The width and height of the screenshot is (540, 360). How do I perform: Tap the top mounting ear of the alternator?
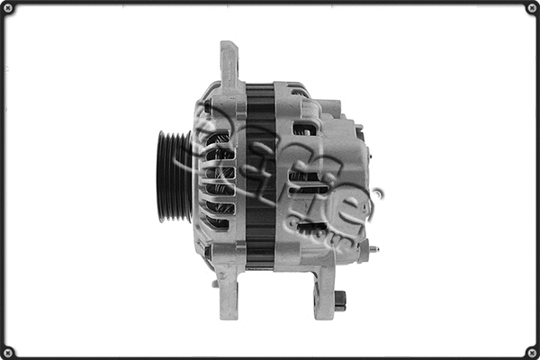[x=229, y=64]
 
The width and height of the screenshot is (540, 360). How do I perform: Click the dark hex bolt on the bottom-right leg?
[x=339, y=300]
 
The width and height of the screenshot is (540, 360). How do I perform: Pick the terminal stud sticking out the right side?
[x=373, y=249]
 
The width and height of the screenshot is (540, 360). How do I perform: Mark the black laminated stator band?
[x=260, y=175]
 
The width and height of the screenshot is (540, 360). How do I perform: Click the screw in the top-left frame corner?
[x=9, y=9]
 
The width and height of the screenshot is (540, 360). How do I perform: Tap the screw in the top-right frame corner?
[x=531, y=9]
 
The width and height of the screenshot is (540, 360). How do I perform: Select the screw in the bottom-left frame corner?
[x=9, y=351]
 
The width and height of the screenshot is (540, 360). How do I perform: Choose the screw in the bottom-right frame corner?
[x=531, y=351]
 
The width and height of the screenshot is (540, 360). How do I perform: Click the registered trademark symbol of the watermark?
[x=377, y=193]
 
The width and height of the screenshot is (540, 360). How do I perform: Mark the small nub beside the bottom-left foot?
[x=214, y=283]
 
